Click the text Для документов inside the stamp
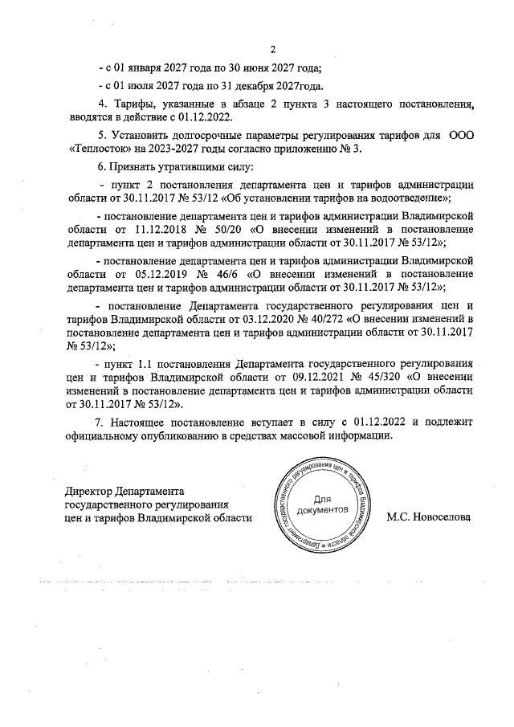coord(321,504)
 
